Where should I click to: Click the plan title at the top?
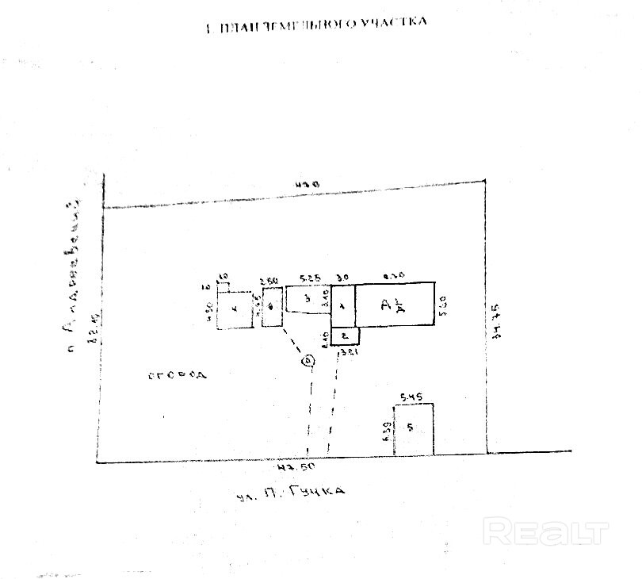point(315,23)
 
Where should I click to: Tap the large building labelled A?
point(395,303)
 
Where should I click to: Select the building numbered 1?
point(342,305)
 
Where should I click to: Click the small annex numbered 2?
point(345,336)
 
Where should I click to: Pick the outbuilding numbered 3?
point(307,299)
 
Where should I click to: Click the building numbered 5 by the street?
point(413,429)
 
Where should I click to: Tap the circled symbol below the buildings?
point(308,362)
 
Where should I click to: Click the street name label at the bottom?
point(290,493)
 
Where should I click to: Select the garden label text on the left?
point(176,374)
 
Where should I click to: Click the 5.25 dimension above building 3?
point(309,278)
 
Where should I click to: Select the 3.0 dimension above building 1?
point(342,278)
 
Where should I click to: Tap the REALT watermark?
point(546,529)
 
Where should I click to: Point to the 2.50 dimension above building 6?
point(269,280)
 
